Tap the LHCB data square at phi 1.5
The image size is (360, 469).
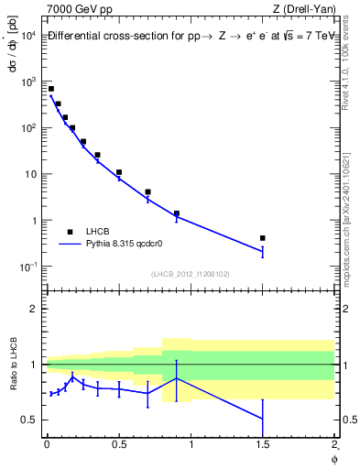coord(263,238)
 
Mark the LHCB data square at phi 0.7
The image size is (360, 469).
coord(147,192)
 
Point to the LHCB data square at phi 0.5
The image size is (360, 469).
coord(119,172)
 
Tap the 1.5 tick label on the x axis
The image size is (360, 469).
coord(263,445)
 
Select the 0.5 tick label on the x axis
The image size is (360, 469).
coord(119,445)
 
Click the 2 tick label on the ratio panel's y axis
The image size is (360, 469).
coord(32,309)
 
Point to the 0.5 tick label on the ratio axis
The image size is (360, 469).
coord(28,420)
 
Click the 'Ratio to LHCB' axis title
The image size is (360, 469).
coord(12,365)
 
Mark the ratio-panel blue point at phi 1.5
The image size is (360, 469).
coord(263,419)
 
